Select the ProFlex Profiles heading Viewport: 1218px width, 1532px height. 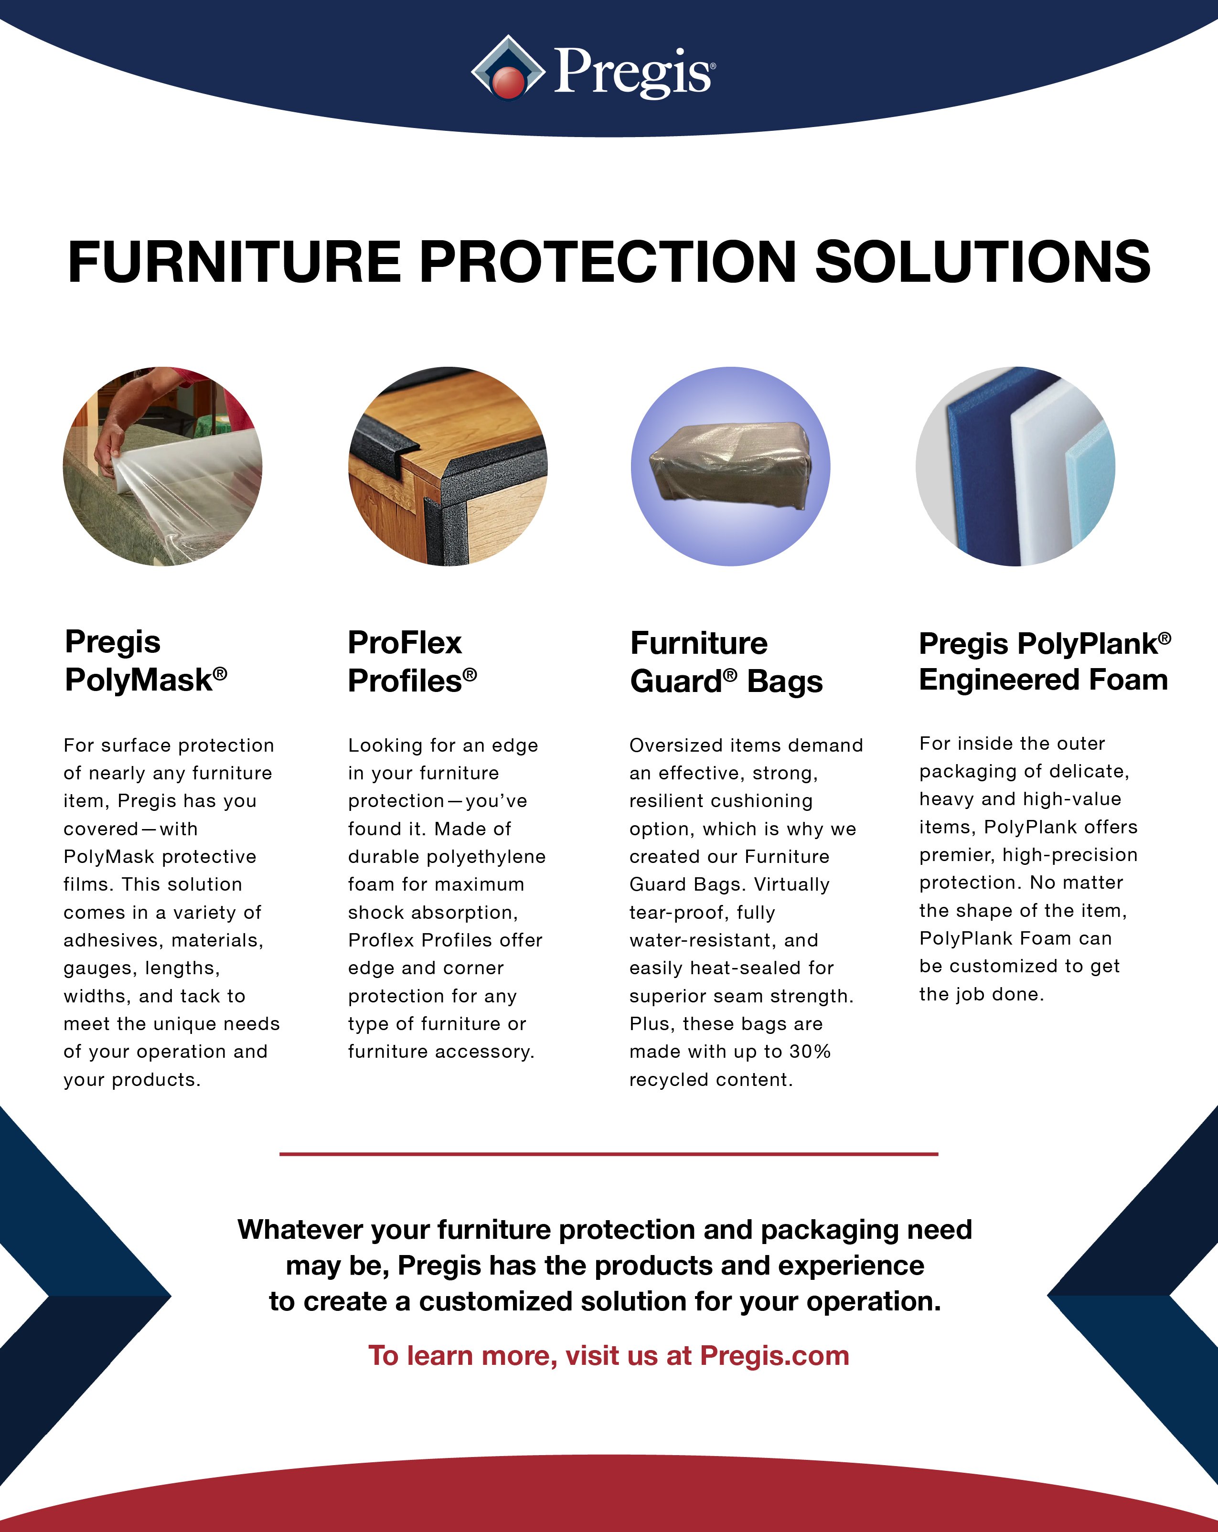point(412,661)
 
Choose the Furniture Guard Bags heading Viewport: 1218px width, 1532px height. point(726,662)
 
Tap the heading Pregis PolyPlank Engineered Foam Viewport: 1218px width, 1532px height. point(1045,661)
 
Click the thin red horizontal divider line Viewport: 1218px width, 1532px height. point(609,1154)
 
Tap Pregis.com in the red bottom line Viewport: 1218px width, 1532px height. point(775,1356)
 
